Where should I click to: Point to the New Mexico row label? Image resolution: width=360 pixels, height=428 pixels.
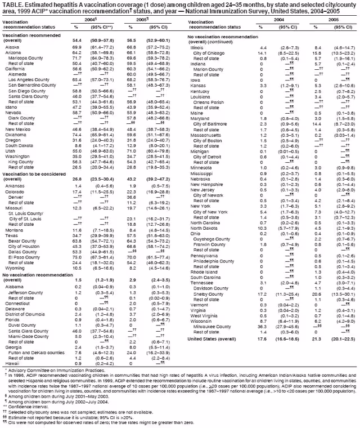coord(17,129)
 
